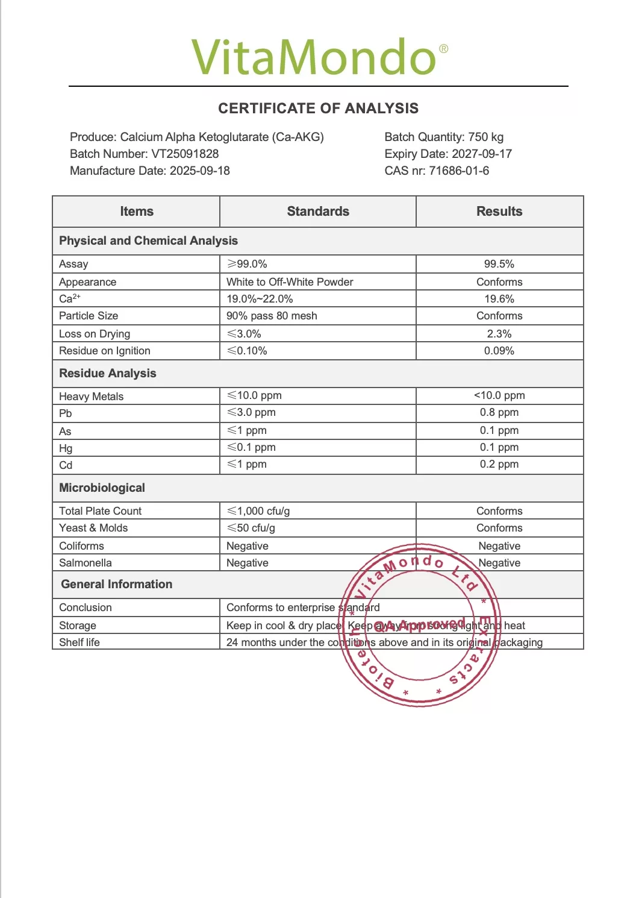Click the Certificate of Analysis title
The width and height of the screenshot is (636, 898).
click(x=318, y=108)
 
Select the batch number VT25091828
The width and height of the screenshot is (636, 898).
click(x=185, y=154)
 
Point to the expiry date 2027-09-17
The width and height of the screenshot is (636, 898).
click(x=482, y=154)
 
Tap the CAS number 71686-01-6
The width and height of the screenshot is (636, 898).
click(x=459, y=171)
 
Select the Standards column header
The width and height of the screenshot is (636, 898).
click(x=318, y=212)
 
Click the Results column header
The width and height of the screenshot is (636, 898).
click(x=499, y=212)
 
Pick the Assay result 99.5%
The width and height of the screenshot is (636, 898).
click(x=499, y=264)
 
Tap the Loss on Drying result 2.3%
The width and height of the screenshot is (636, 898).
click(x=499, y=334)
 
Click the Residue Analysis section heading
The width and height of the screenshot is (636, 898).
click(x=108, y=374)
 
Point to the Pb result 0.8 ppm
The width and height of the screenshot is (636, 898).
click(x=499, y=412)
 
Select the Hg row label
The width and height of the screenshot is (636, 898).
click(x=66, y=448)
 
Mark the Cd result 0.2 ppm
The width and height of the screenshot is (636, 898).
click(x=499, y=464)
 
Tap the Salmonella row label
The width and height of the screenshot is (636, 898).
click(x=86, y=563)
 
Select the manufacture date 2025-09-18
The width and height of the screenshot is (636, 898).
click(x=200, y=171)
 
